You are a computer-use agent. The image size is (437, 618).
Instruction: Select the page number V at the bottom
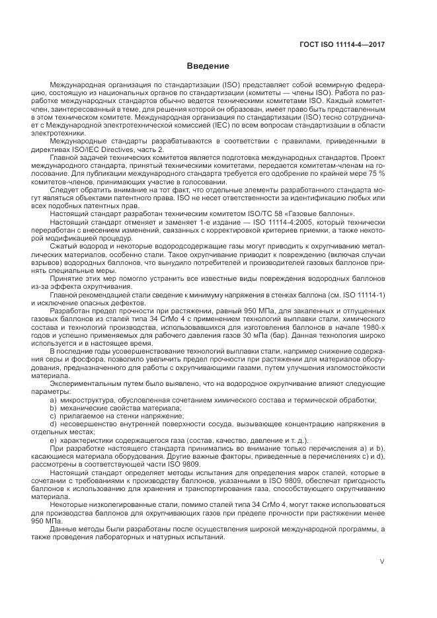pos(382,562)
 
